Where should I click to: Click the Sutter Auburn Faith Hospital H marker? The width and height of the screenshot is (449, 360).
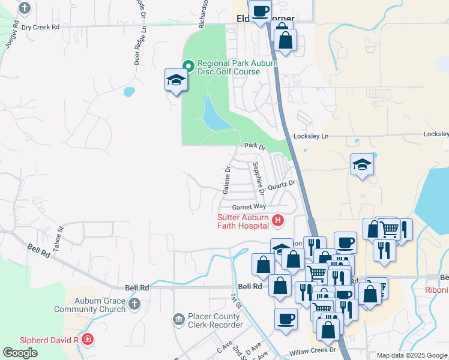pos(278,221)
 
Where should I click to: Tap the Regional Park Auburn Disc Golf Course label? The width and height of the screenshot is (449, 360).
pos(230,67)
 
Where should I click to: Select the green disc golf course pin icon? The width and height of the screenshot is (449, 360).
pos(188,65)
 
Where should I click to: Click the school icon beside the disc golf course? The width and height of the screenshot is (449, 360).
pos(176,80)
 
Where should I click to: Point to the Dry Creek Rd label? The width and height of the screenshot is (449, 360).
pos(40,28)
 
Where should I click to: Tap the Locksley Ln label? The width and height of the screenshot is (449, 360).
pos(311,137)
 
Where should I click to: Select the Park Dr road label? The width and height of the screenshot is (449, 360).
pos(255,146)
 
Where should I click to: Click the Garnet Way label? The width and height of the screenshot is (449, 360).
pos(249,206)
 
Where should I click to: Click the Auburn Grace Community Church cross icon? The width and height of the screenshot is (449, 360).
pos(133,304)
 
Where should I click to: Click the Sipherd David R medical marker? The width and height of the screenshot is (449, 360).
pos(88,340)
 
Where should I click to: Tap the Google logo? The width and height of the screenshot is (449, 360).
pos(20,353)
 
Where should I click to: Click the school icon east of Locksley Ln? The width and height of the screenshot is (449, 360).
pos(362,164)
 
